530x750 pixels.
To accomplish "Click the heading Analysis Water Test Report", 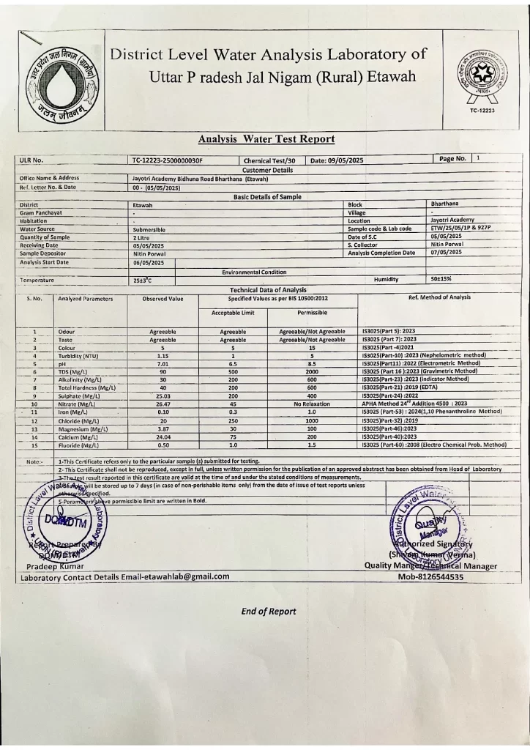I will [x=266, y=138].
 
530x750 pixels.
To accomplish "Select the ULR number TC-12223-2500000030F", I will [x=168, y=160].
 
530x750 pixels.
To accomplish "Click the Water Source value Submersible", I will [x=150, y=229].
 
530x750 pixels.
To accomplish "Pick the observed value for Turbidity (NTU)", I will [x=163, y=356].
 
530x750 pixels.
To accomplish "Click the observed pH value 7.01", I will [x=163, y=363].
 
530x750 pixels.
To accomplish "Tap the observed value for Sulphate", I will [x=163, y=396].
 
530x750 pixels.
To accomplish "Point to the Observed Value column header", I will [x=163, y=299].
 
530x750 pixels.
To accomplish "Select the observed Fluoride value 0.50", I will [x=163, y=445].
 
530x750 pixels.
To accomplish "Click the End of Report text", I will [x=269, y=612].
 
